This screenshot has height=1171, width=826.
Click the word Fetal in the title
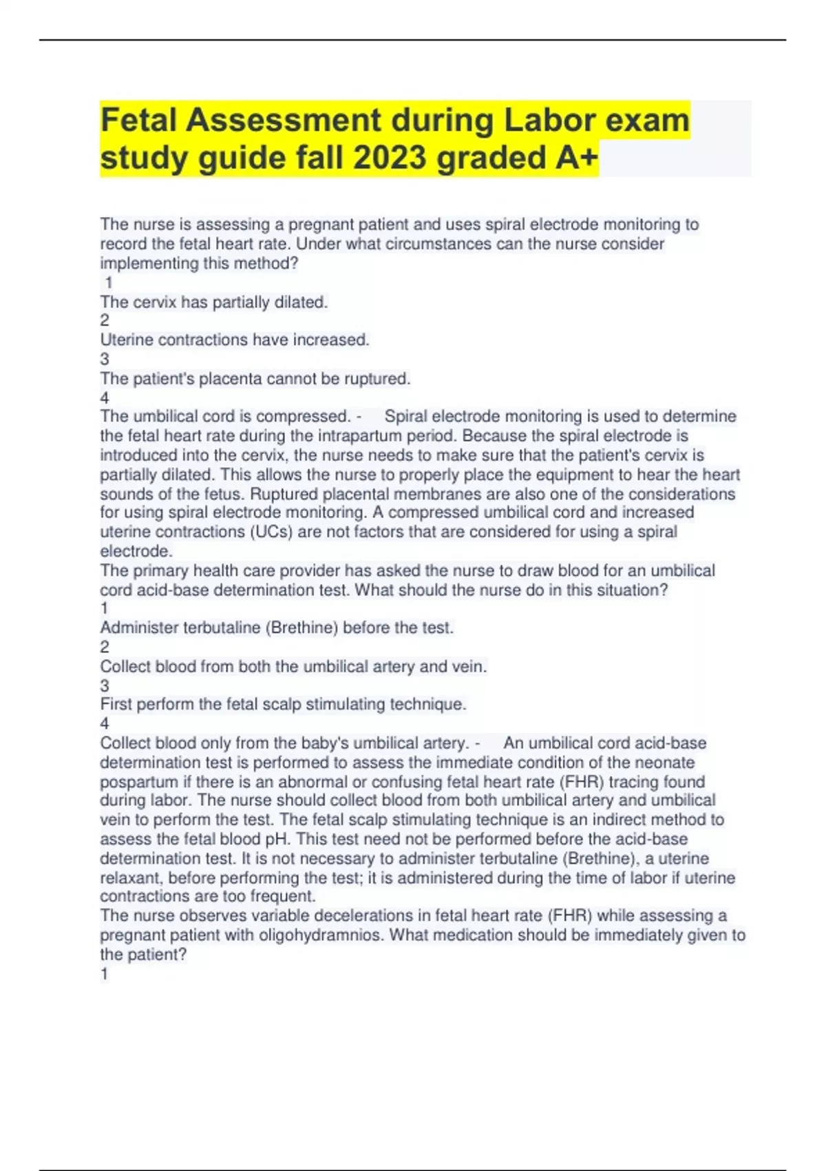(x=138, y=121)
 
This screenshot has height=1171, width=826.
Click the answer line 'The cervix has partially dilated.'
(x=214, y=302)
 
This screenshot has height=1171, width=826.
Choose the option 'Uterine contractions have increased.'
(x=235, y=340)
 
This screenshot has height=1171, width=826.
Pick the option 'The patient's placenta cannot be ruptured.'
(x=255, y=379)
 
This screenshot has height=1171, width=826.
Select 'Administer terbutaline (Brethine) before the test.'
(x=277, y=628)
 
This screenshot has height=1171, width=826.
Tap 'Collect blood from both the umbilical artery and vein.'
(x=293, y=667)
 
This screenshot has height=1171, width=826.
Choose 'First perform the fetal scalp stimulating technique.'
(x=283, y=705)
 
